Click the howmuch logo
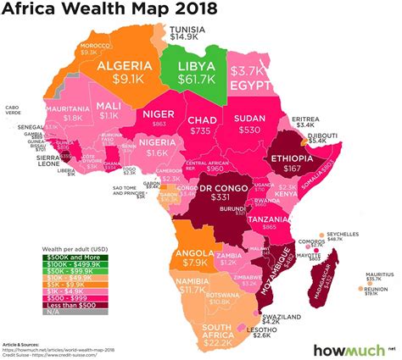click(347, 349)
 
